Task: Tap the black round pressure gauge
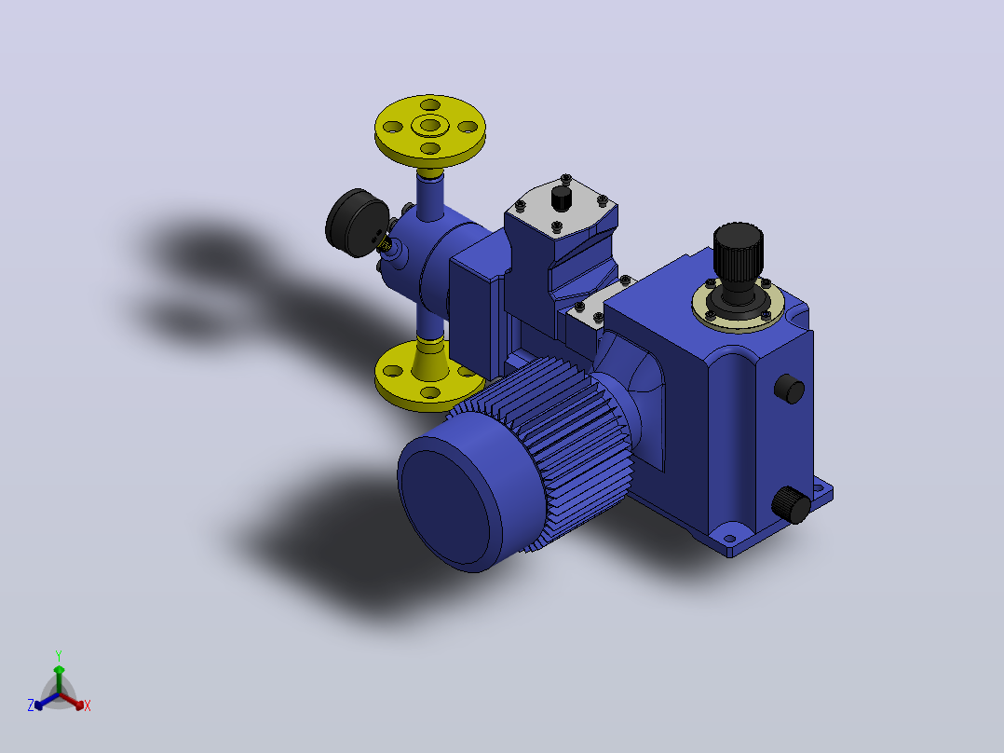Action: tap(356, 223)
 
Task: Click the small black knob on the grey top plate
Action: tap(562, 198)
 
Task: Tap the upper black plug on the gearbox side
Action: tap(790, 389)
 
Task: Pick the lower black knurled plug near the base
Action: tap(792, 504)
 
